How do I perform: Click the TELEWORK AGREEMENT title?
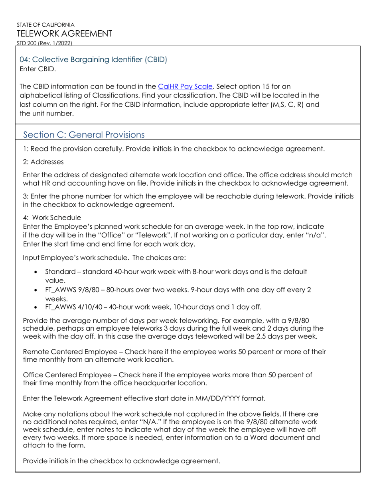pos(64,33)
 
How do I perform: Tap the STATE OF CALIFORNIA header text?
pos(45,25)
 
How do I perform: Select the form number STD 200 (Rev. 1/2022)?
pos(44,43)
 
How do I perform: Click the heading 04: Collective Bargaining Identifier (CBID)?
pos(93,59)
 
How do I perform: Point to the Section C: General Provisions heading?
pos(84,135)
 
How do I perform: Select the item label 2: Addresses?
pos(43,162)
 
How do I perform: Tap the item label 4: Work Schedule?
pos(52,218)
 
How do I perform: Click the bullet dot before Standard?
pos(36,272)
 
